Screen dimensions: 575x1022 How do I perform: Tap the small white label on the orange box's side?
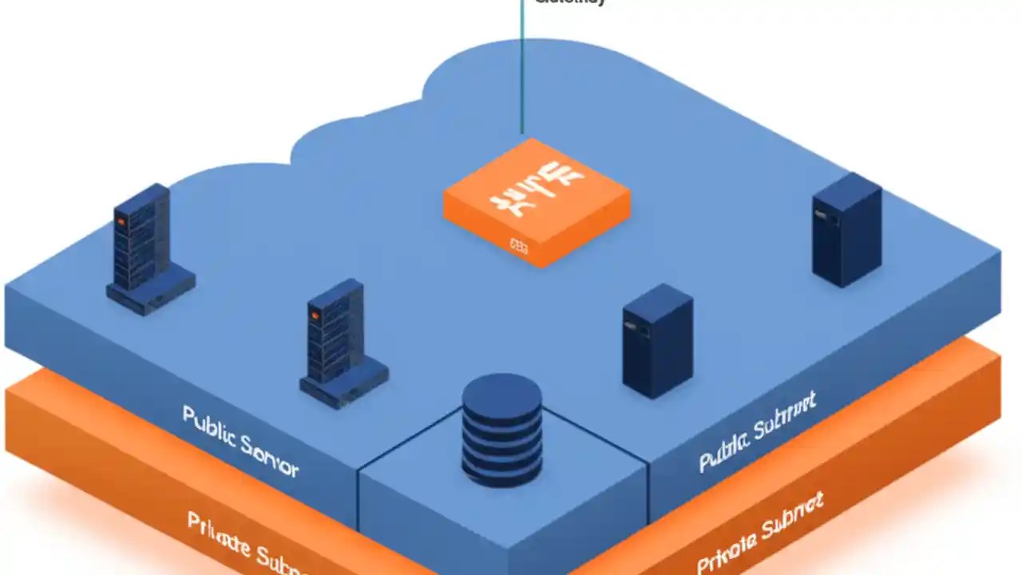[x=519, y=248]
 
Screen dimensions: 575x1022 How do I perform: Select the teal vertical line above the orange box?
[x=522, y=72]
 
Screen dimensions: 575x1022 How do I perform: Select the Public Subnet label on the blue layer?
[x=757, y=432]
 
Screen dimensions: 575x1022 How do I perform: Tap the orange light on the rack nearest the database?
[x=315, y=316]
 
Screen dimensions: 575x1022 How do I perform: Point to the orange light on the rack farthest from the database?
[x=121, y=221]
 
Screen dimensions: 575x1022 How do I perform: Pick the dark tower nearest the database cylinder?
[x=657, y=339]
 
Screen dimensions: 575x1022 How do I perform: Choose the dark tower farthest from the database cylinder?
[x=846, y=229]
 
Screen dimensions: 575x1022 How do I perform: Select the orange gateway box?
[x=537, y=202]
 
